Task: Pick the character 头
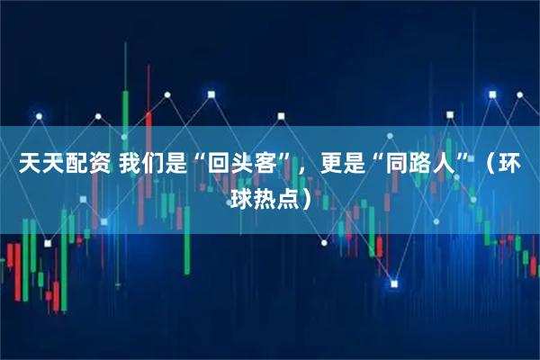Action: [x=240, y=166]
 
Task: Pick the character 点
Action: [x=288, y=194]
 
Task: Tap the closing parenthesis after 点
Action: [x=308, y=194]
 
